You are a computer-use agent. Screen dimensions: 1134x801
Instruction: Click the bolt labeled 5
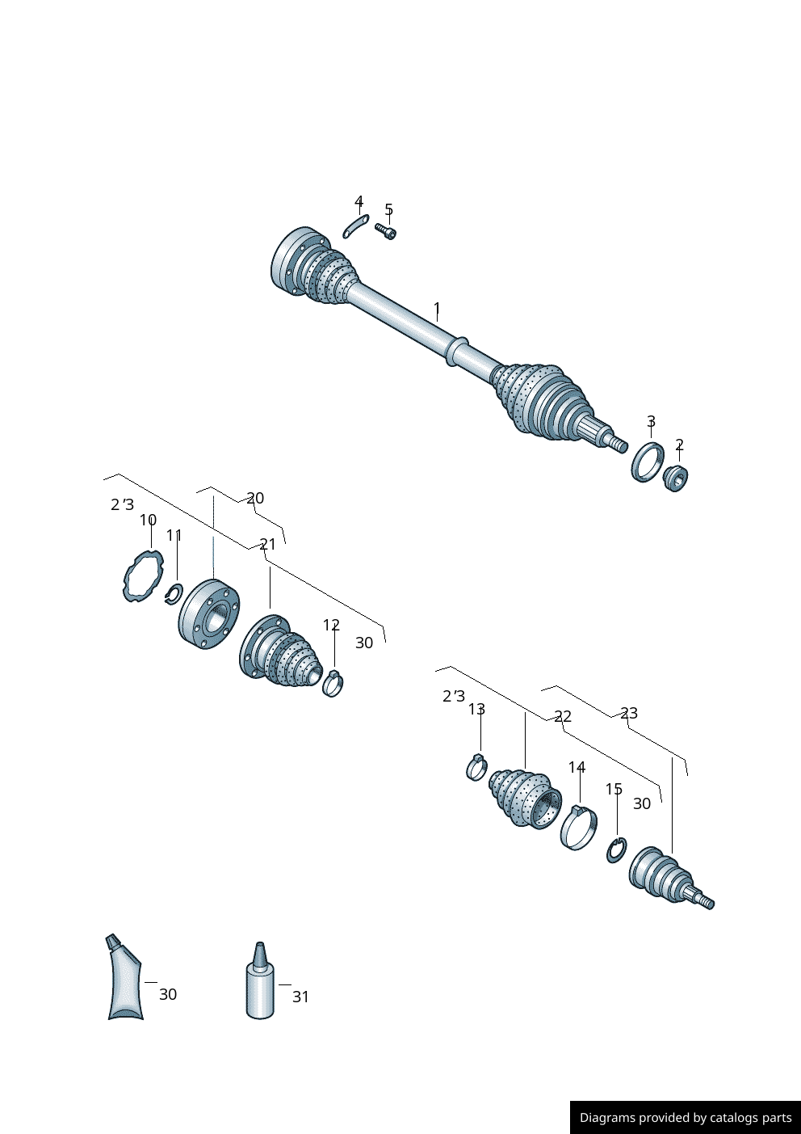tap(386, 232)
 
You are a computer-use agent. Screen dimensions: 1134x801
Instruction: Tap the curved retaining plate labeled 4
tap(355, 226)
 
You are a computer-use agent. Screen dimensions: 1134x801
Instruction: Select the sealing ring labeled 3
tap(647, 462)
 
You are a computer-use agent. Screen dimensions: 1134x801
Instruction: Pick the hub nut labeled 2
tap(675, 478)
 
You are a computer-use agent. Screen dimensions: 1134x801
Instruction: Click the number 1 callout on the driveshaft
tap(437, 309)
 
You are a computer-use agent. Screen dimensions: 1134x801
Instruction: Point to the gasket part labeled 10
tap(142, 576)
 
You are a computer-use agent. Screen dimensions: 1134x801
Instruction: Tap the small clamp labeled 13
tap(476, 767)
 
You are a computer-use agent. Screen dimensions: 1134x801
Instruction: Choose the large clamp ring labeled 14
tap(578, 828)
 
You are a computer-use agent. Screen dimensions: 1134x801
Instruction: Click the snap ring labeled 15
tap(616, 850)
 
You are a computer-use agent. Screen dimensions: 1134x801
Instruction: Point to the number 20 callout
tap(255, 498)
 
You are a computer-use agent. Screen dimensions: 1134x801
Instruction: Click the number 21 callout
tap(267, 544)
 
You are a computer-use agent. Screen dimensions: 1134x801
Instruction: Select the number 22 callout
tap(563, 716)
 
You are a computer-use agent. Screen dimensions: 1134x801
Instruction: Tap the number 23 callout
tap(629, 713)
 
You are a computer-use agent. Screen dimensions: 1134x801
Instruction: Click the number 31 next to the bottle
tap(300, 997)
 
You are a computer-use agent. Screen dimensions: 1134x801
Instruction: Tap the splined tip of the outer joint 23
tap(705, 901)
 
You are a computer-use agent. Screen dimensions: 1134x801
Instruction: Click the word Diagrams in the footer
tap(606, 1118)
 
